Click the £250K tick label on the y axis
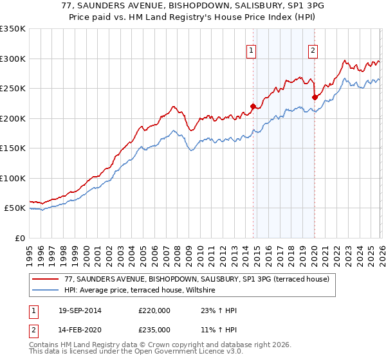pos(12,89)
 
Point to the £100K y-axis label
pos(12,178)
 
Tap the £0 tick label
pos(20,238)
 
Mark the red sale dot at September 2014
pos(253,106)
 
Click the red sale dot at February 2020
pos(315,98)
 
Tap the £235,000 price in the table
pos(154,330)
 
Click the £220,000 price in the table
pos(154,310)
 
